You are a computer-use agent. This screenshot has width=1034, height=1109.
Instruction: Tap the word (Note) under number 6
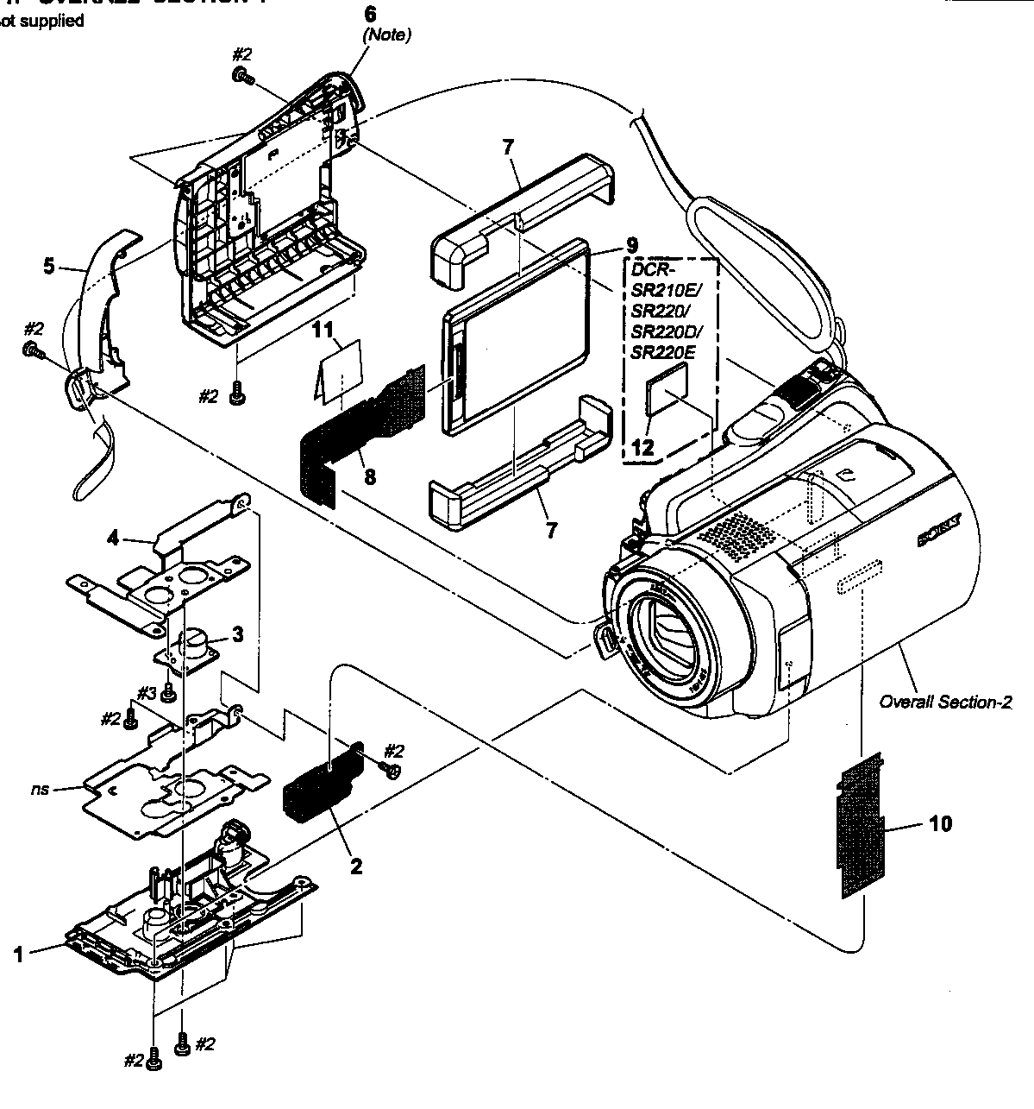386,35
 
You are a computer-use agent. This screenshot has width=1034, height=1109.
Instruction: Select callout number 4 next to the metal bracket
112,537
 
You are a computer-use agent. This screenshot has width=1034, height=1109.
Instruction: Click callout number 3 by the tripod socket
237,634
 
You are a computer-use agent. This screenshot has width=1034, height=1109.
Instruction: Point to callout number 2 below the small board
355,866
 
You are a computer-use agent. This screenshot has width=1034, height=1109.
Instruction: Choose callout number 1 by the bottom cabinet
17,954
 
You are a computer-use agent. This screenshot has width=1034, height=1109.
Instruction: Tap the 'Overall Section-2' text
944,702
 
